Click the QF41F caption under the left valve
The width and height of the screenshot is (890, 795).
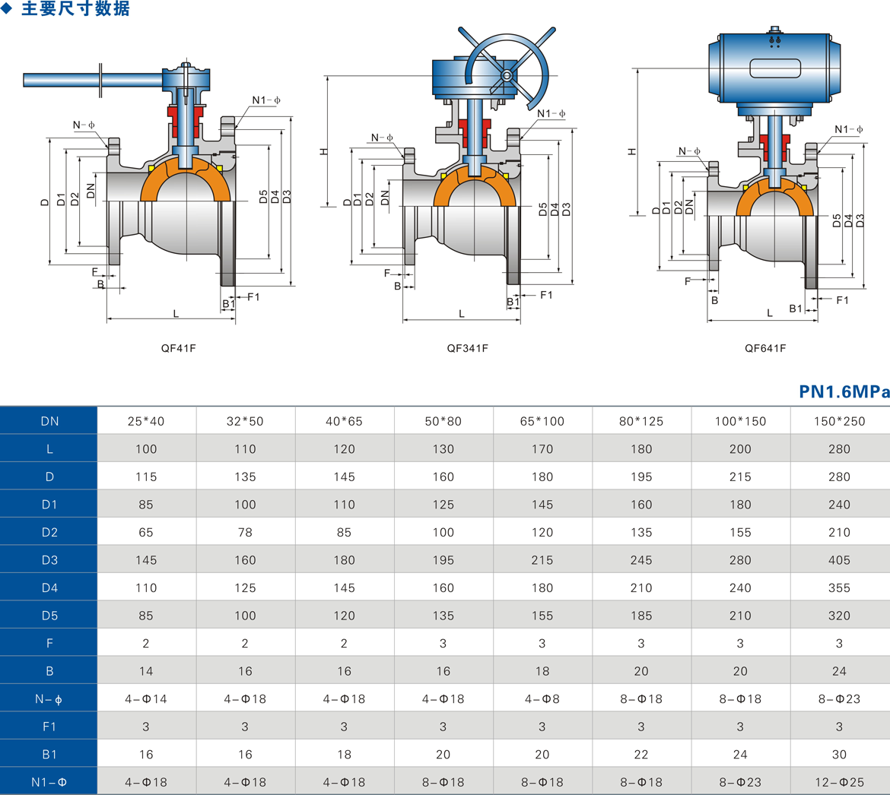[x=178, y=348]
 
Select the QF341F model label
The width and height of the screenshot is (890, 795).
[x=467, y=348]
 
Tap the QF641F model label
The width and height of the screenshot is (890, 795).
[x=765, y=348]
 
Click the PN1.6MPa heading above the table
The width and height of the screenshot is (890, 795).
[x=844, y=391]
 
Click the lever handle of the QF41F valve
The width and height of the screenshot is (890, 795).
[x=93, y=80]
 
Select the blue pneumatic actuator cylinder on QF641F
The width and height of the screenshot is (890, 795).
[x=774, y=68]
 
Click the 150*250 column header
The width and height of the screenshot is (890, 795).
[x=840, y=421]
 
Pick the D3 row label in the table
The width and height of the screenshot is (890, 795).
[x=49, y=560]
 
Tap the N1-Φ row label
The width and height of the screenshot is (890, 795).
[x=49, y=783]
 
